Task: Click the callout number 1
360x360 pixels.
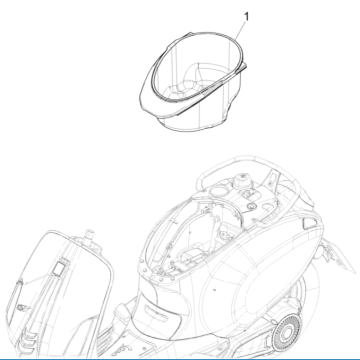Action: [x=246, y=16]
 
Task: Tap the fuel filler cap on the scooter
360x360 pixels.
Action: [x=243, y=181]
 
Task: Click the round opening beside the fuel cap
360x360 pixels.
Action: [x=218, y=191]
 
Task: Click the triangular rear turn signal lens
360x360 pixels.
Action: [x=310, y=223]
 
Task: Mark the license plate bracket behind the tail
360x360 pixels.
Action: [x=337, y=254]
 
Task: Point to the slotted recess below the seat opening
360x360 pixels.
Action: [x=158, y=313]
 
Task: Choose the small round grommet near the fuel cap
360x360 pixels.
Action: [x=252, y=204]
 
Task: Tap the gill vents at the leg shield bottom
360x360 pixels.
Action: [x=29, y=338]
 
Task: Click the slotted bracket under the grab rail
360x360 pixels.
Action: [x=274, y=180]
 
